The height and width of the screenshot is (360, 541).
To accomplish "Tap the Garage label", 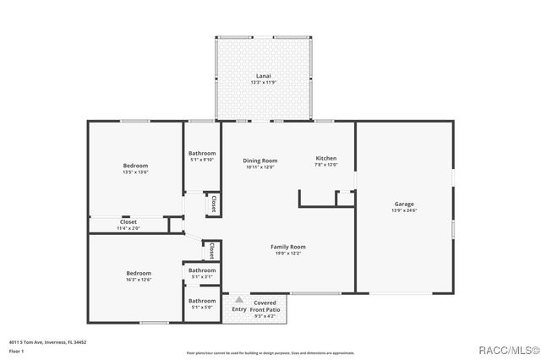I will click(403, 204).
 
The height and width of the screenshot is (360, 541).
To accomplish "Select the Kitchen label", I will click(326, 159).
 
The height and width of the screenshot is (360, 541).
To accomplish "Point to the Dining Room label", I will click(260, 161).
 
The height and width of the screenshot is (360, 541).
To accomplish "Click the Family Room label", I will click(287, 247).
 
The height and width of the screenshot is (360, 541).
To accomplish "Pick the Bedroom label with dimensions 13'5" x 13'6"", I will click(135, 166).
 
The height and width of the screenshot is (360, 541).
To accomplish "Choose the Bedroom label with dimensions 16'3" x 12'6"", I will click(139, 273).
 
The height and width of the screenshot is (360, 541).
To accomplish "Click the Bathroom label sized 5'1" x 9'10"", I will click(202, 153).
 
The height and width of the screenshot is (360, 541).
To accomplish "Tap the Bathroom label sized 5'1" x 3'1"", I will click(202, 270).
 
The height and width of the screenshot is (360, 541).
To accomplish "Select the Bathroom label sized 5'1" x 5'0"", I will click(202, 301).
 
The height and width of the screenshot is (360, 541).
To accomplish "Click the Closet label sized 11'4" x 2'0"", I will click(128, 222).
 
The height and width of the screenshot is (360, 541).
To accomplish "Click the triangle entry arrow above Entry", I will click(239, 300).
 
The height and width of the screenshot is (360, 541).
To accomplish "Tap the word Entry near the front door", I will click(239, 309).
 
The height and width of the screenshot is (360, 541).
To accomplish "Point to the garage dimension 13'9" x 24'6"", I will click(403, 210).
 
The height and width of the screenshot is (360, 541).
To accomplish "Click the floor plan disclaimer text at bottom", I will click(270, 352).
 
